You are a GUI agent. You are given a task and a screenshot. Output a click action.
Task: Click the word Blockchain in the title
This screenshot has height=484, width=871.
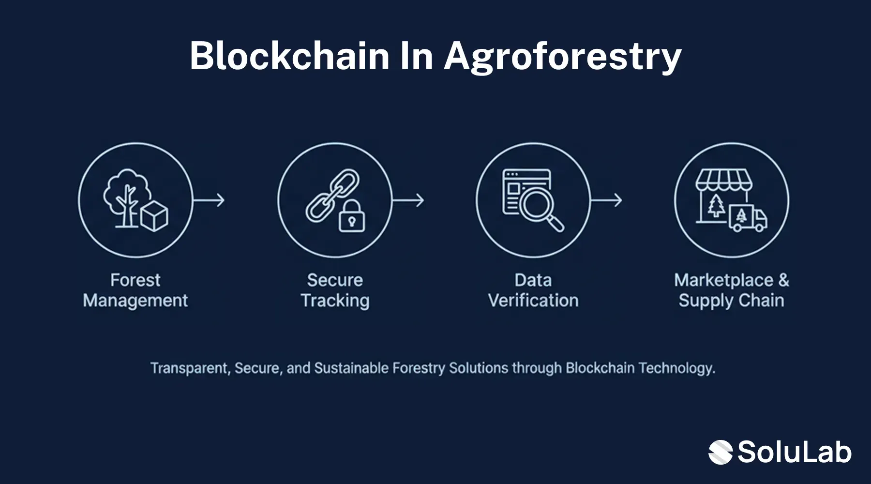(289, 56)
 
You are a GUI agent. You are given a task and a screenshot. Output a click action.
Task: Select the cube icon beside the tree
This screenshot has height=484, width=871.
(154, 216)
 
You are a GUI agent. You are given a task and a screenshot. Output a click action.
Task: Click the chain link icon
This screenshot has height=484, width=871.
(332, 195)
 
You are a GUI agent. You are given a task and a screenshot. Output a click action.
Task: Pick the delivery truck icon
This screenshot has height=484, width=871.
(748, 218)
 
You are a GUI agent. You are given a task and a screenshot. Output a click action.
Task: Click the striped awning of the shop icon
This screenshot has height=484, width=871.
(724, 180)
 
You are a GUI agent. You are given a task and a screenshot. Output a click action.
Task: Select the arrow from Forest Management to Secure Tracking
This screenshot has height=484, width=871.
(209, 200)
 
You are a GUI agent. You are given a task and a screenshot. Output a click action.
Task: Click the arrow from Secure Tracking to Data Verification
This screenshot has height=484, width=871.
(408, 200)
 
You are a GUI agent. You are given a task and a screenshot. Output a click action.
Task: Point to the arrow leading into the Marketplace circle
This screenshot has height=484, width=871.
(606, 200)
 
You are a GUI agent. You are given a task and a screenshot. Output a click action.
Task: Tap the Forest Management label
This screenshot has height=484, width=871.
(135, 290)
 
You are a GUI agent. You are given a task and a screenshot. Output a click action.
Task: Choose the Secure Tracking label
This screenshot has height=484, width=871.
(335, 290)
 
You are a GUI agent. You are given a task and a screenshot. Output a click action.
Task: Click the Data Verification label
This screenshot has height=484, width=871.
(533, 290)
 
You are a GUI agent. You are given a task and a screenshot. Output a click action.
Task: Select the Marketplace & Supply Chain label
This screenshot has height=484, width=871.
(731, 290)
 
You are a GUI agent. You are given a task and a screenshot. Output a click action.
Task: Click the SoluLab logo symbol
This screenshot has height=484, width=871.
(721, 452)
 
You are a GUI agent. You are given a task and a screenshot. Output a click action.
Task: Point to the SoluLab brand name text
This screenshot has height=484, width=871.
(794, 452)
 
